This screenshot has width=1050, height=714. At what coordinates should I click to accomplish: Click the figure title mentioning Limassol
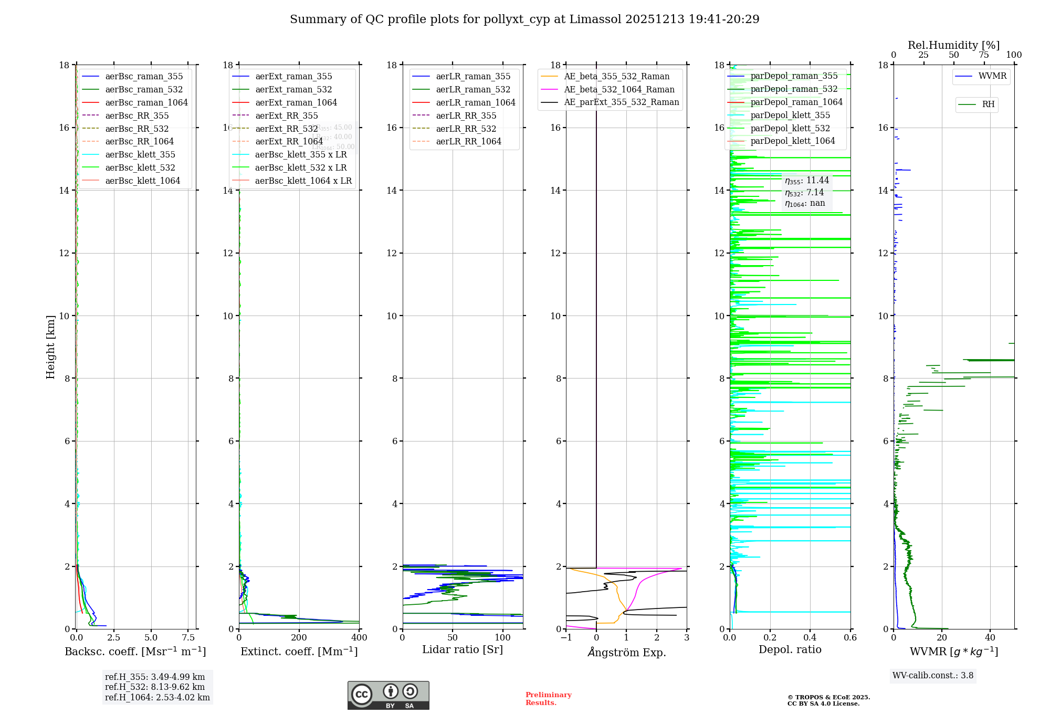tap(524, 19)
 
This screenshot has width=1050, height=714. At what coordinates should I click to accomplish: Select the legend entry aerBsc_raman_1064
tap(146, 102)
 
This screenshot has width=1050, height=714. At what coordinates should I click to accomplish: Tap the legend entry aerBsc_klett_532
tap(140, 167)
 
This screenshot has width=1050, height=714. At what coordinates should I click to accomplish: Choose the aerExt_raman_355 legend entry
tap(293, 77)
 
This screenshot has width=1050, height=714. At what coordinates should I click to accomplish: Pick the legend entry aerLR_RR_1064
tap(468, 141)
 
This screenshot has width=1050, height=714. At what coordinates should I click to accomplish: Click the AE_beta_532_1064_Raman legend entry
tap(619, 89)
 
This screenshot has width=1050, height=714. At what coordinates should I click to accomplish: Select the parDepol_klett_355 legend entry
tap(790, 115)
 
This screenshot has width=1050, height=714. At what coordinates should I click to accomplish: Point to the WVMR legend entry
tap(992, 76)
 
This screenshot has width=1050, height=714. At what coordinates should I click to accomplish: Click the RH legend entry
tap(988, 104)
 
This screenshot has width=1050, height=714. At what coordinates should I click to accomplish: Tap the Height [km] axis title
tap(50, 346)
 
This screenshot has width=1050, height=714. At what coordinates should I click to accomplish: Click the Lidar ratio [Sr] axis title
tap(463, 649)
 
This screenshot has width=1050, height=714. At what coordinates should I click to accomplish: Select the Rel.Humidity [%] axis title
tap(953, 45)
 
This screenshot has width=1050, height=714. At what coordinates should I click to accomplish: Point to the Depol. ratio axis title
tap(790, 649)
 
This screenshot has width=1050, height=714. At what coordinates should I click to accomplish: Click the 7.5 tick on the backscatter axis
tap(188, 637)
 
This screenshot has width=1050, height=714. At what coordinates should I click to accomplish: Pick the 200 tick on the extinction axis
tap(299, 637)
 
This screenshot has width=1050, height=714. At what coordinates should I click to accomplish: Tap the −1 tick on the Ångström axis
tap(566, 637)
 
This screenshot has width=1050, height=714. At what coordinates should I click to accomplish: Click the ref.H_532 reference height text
tap(155, 687)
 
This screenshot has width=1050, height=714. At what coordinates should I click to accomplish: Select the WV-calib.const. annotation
tap(933, 675)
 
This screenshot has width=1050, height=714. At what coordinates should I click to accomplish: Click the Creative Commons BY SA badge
tap(388, 695)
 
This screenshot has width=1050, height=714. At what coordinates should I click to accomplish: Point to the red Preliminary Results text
tap(548, 698)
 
